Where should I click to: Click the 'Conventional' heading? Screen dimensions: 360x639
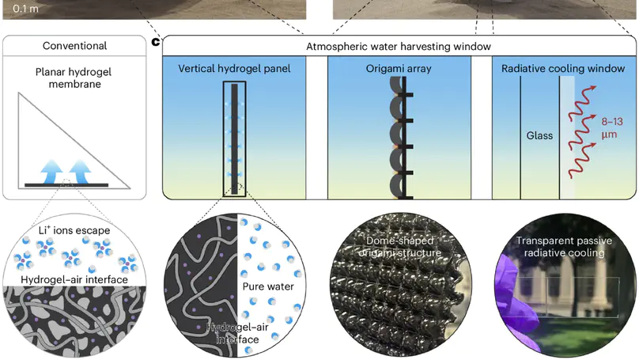click(x=74, y=47)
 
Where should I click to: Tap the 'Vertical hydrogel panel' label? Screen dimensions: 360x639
click(x=235, y=68)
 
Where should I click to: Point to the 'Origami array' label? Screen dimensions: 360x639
click(x=399, y=68)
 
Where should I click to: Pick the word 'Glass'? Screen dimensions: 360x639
click(x=539, y=135)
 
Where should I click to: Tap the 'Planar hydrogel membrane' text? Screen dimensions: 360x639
click(x=74, y=78)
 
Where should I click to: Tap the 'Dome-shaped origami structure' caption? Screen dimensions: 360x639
click(x=402, y=246)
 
